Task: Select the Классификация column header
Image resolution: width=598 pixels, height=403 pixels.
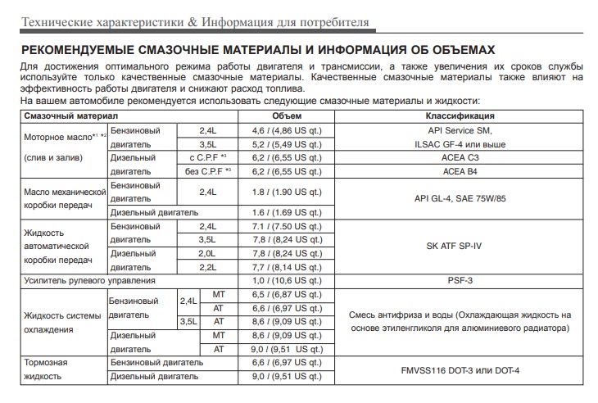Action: pyautogui.click(x=460, y=116)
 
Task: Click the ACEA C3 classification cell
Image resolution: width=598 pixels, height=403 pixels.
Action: pyautogui.click(x=460, y=158)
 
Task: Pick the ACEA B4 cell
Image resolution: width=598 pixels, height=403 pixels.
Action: pyautogui.click(x=460, y=171)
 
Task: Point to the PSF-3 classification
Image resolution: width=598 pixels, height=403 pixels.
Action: pyautogui.click(x=460, y=280)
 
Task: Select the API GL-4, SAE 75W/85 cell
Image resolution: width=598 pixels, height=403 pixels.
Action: pyautogui.click(x=460, y=198)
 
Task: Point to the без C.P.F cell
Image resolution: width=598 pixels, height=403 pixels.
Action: pyautogui.click(x=204, y=171)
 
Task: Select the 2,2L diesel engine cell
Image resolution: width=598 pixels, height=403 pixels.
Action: pyautogui.click(x=206, y=267)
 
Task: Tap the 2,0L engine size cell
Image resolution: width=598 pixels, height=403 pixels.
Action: pyautogui.click(x=206, y=253)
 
